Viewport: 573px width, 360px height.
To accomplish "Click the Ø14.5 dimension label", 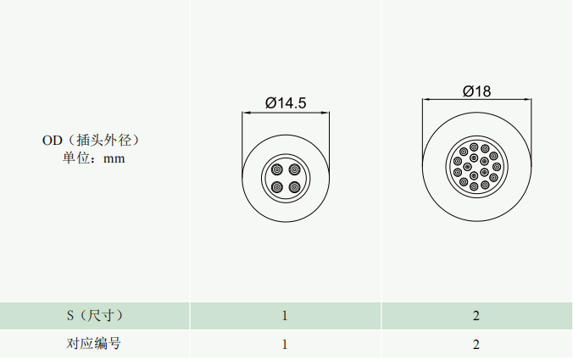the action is pyautogui.click(x=286, y=103).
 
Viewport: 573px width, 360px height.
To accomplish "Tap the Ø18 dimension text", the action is pyautogui.click(x=477, y=91).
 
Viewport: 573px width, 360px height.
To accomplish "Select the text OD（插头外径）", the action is pyautogui.click(x=91, y=141).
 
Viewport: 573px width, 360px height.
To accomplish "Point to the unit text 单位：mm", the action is pyautogui.click(x=93, y=158).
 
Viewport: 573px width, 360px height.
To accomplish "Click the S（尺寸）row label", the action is pyautogui.click(x=95, y=315).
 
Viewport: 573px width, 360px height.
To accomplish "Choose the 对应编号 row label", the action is pyautogui.click(x=93, y=344).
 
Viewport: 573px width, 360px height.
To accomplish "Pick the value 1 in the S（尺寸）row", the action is pyautogui.click(x=285, y=316).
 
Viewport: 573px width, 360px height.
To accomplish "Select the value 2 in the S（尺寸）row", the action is pyautogui.click(x=476, y=316).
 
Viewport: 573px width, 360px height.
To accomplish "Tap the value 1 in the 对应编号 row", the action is pyautogui.click(x=285, y=344).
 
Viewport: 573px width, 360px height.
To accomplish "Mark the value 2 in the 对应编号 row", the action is pyautogui.click(x=476, y=344).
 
